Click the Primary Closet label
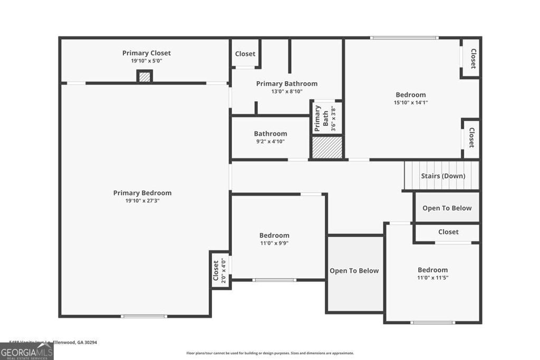[146, 53]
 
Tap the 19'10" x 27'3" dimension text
[142, 201]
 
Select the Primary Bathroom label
[286, 84]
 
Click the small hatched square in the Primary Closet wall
[144, 76]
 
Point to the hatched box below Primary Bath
[327, 147]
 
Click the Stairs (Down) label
[442, 176]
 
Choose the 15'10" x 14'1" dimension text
[410, 103]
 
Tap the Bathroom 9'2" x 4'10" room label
[270, 134]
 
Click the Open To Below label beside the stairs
[447, 208]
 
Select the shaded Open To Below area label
[354, 271]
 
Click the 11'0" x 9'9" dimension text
[274, 244]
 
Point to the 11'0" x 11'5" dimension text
[432, 278]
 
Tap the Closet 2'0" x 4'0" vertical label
[216, 270]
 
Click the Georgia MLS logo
[26, 351]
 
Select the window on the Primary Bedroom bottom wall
[144, 316]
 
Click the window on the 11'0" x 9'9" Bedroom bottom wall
[274, 280]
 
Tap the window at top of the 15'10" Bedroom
[404, 38]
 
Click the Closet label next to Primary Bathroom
[245, 54]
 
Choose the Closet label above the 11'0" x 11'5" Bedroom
[448, 232]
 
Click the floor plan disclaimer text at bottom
[270, 353]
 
